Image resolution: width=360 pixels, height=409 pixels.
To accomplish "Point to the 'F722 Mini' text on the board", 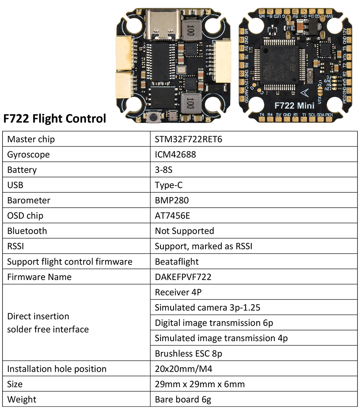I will point(294,106).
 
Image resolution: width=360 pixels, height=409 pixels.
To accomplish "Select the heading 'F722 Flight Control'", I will point(55,118).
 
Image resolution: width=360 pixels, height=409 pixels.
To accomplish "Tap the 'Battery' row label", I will point(22,170).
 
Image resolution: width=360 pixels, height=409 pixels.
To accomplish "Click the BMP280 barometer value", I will point(172,200).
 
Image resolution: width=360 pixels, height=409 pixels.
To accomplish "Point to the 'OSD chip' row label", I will point(25,215).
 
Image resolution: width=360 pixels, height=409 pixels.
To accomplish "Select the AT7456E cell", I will point(172,215).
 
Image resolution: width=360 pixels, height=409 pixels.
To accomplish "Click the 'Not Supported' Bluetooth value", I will point(184,231).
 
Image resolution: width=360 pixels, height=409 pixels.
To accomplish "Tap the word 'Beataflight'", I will point(177,262).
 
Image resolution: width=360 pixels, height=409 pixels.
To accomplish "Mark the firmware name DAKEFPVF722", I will point(183,277).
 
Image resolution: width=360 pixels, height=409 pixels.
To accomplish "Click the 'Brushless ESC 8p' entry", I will point(189,354).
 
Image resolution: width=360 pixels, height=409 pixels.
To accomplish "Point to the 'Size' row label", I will point(15,384).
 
